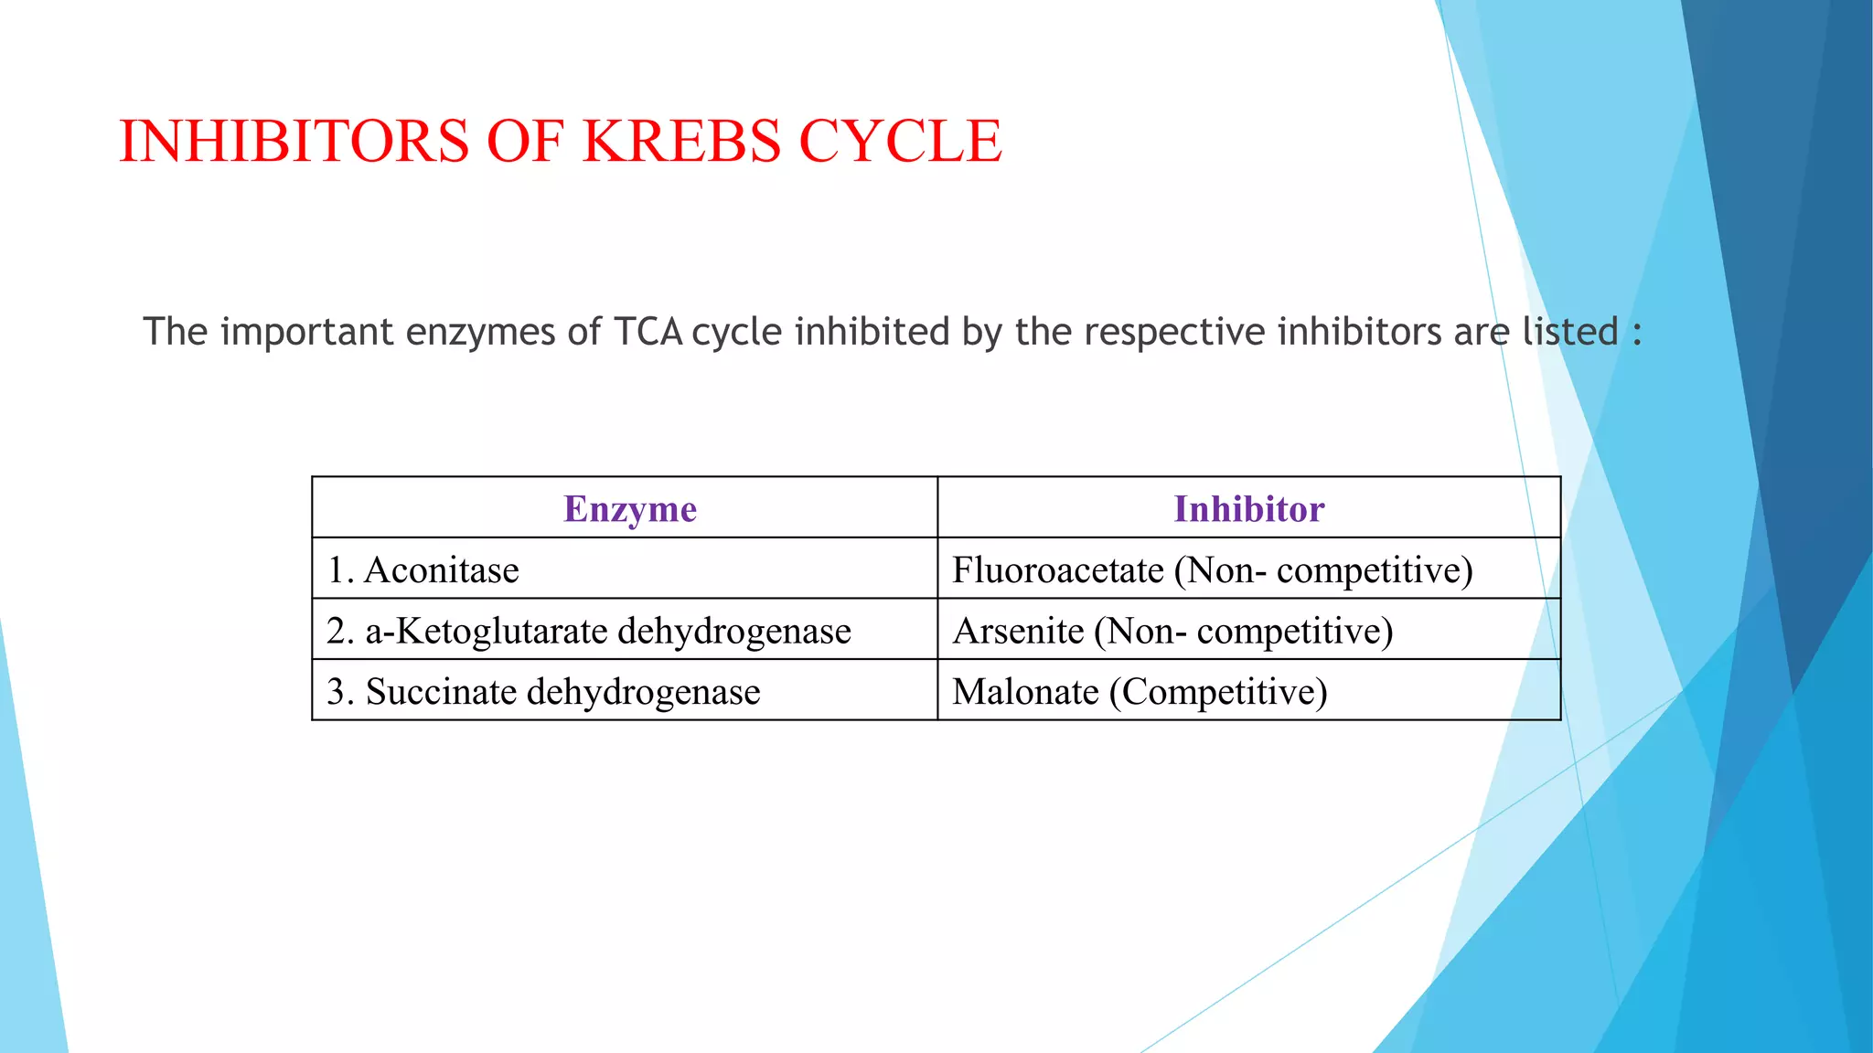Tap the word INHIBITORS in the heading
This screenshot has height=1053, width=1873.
294,142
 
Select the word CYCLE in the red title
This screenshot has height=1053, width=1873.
900,142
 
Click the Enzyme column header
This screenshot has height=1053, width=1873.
629,509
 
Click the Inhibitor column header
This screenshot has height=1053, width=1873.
1248,509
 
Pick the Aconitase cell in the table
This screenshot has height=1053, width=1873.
441,570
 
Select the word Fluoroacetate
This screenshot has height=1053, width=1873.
1057,570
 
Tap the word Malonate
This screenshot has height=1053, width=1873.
1025,692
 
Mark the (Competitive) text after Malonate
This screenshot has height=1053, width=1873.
1218,692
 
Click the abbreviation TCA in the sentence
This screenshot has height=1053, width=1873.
648,332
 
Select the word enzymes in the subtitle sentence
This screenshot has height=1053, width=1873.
480,332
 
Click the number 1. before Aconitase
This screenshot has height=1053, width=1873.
340,570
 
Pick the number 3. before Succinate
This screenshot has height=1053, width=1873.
340,692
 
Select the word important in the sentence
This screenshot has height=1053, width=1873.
306,332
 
